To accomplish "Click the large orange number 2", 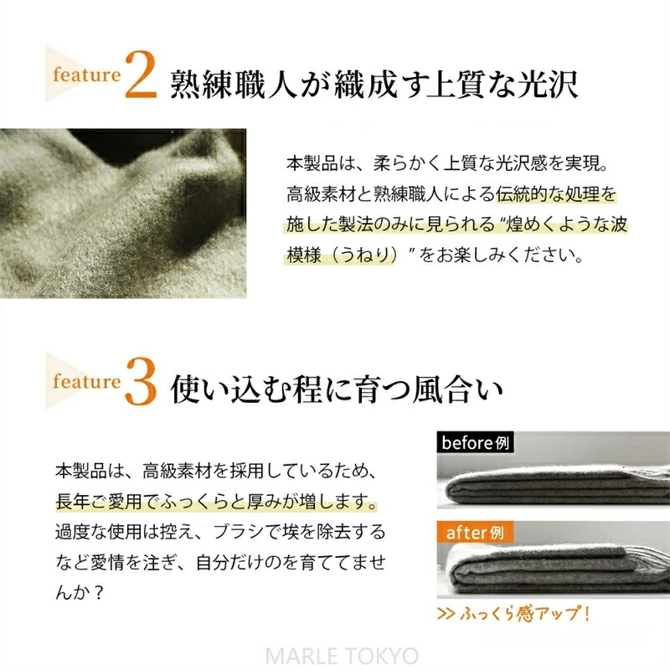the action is [x=141, y=75].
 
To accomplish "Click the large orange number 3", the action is [x=141, y=382].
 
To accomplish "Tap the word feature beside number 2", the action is [x=87, y=75].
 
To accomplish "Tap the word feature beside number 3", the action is [x=87, y=381].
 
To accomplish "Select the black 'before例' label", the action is [x=475, y=443].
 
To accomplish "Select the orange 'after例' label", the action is [x=475, y=533].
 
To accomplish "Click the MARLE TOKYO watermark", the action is [x=342, y=656].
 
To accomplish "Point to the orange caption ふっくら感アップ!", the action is [x=525, y=614].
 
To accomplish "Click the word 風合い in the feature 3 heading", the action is [x=457, y=389].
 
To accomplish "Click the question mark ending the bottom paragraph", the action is [x=98, y=593].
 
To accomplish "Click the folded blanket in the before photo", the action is [x=555, y=485].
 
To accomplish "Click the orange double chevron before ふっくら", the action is [x=446, y=614].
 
